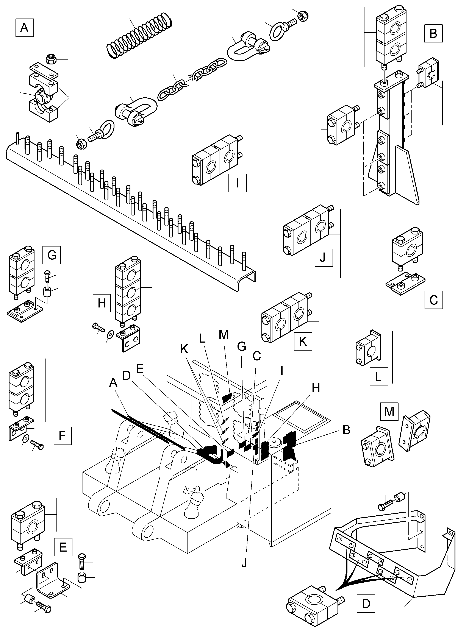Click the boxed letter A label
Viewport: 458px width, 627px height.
pyautogui.click(x=24, y=28)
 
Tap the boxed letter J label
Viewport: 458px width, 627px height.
pyautogui.click(x=324, y=257)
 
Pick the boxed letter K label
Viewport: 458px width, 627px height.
pyautogui.click(x=303, y=342)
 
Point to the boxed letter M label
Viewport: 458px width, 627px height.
pyautogui.click(x=389, y=412)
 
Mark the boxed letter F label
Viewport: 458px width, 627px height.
pyautogui.click(x=62, y=435)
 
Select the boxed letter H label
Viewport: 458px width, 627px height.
pyautogui.click(x=102, y=303)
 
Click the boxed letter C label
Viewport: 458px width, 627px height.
pyautogui.click(x=434, y=300)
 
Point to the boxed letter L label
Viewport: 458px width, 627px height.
pyautogui.click(x=379, y=376)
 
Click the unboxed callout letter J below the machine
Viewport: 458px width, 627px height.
pyautogui.click(x=244, y=563)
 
